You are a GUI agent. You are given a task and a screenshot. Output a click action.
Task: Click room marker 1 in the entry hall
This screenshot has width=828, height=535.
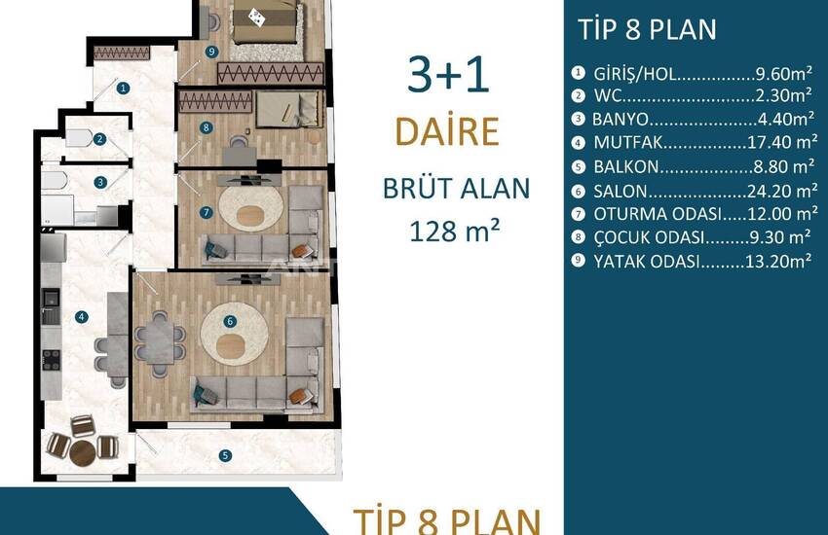pyautogui.click(x=123, y=88)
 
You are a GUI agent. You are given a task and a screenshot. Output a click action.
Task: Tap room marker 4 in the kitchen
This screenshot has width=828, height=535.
pyautogui.click(x=81, y=317)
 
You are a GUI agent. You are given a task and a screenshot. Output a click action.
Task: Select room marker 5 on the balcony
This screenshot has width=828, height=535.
pyautogui.click(x=225, y=455)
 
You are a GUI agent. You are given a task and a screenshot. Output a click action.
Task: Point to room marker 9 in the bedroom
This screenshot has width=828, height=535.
pyautogui.click(x=211, y=52)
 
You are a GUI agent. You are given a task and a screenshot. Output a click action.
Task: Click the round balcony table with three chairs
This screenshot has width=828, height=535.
pyautogui.click(x=83, y=453)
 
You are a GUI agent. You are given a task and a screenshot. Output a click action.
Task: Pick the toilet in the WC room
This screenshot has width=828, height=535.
pyautogui.click(x=79, y=139)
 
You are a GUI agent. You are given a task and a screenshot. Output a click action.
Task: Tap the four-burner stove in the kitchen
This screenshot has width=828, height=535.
pyautogui.click(x=52, y=360)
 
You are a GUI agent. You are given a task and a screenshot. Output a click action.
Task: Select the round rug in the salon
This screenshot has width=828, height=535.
pyautogui.click(x=234, y=334)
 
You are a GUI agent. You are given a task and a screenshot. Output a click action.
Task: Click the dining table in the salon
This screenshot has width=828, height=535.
pyautogui.click(x=160, y=342)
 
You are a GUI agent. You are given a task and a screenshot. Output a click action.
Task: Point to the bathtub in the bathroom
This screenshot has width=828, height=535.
pyautogui.click(x=54, y=180)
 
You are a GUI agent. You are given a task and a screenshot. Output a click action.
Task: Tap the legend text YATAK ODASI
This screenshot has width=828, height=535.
pyautogui.click(x=647, y=262)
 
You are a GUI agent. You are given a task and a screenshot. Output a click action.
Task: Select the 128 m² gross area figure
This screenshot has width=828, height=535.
pyautogui.click(x=454, y=231)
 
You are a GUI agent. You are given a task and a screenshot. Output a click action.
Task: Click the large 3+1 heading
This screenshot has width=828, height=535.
pyautogui.click(x=448, y=75)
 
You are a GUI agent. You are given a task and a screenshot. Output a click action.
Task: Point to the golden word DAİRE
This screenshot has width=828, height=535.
pyautogui.click(x=447, y=131)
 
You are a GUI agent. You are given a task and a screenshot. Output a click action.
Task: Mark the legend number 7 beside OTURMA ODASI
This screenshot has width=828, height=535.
pyautogui.click(x=579, y=214)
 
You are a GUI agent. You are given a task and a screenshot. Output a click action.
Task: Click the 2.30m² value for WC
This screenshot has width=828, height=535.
pyautogui.click(x=782, y=95)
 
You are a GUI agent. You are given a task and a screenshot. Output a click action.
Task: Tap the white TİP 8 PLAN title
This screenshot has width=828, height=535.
pyautogui.click(x=647, y=29)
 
